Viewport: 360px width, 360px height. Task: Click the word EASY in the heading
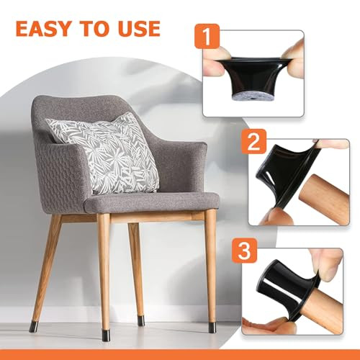tap(42, 29)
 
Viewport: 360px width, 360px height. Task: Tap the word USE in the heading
tap(139, 29)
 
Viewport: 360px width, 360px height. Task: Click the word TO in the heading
tap(94, 29)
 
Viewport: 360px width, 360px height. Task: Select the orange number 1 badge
tap(207, 36)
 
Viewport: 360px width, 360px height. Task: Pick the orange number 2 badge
tap(253, 141)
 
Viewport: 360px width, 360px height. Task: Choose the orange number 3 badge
tap(245, 251)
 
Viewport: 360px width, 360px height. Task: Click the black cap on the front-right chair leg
tap(212, 328)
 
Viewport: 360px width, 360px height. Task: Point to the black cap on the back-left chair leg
tap(33, 327)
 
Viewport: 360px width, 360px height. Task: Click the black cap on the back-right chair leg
tap(141, 320)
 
